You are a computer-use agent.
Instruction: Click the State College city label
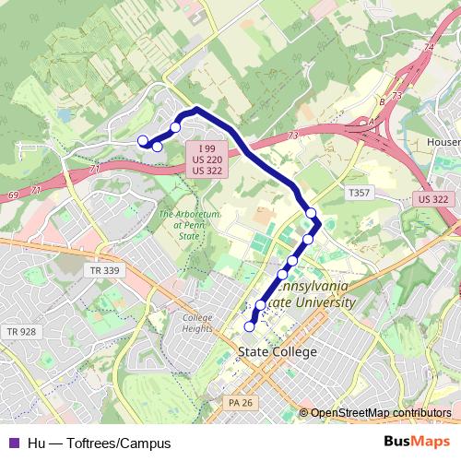point(277,352)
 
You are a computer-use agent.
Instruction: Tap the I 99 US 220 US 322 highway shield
point(208,160)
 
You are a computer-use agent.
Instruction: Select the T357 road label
point(359,193)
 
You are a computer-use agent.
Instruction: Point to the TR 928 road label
point(21,331)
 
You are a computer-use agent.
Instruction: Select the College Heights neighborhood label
point(197,324)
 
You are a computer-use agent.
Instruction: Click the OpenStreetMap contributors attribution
point(379,413)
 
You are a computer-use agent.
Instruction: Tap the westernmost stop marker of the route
point(142,140)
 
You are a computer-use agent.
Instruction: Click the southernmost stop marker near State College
point(249,325)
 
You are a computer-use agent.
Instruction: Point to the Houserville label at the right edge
point(443,143)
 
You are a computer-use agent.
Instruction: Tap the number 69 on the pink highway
point(13,195)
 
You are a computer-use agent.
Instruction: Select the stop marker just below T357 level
point(312,214)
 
